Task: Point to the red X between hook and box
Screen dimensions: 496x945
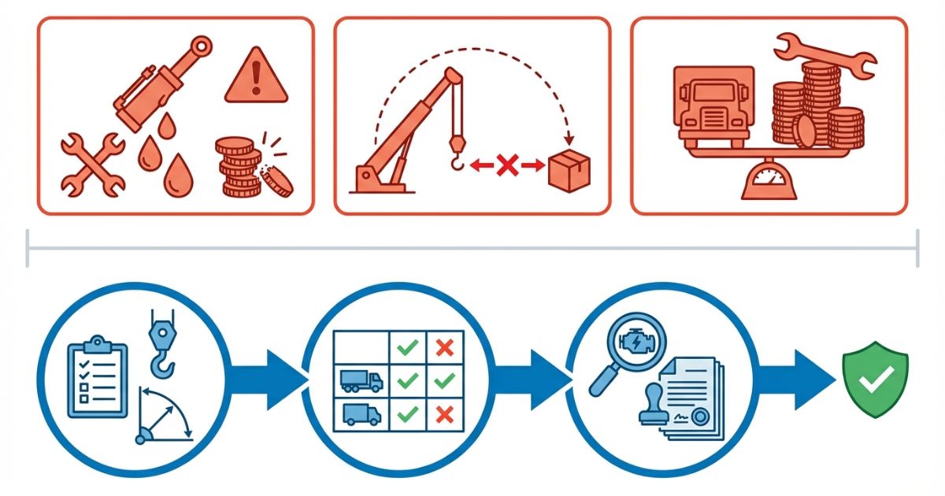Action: pyautogui.click(x=507, y=165)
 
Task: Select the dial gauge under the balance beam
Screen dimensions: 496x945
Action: pyautogui.click(x=768, y=180)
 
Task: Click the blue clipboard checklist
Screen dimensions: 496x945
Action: pyautogui.click(x=98, y=377)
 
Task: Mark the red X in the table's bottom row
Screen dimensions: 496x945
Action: pyautogui.click(x=444, y=413)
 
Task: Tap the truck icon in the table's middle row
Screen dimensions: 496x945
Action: pyautogui.click(x=361, y=381)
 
